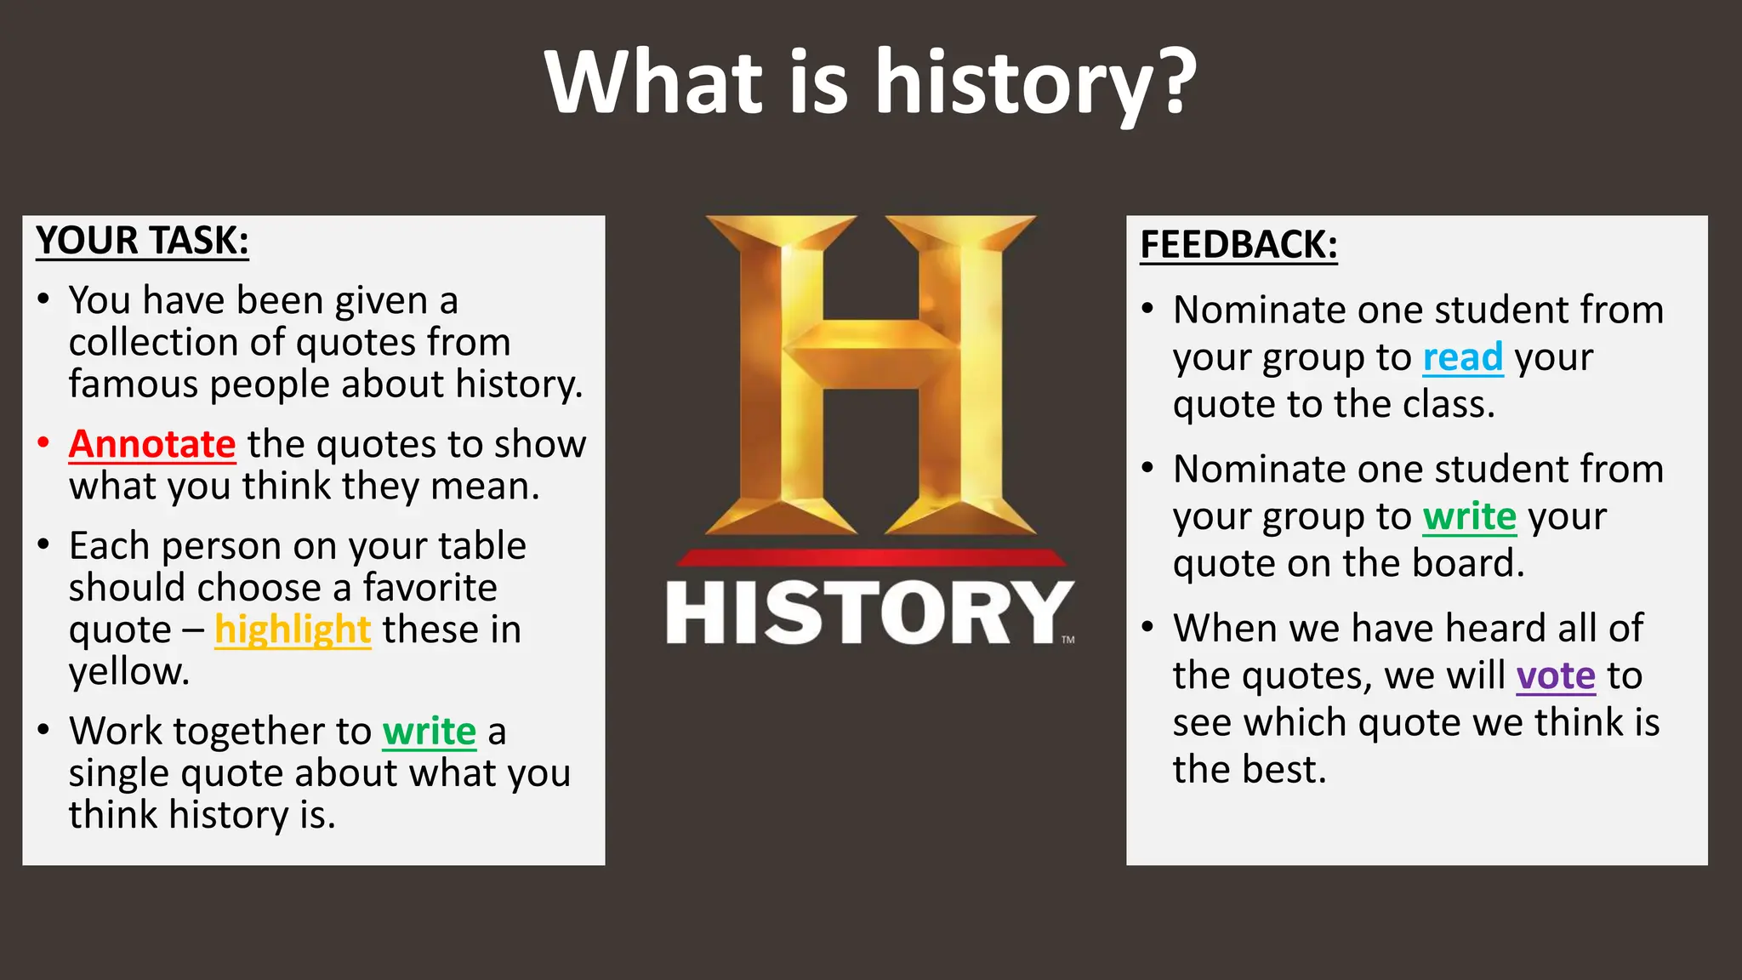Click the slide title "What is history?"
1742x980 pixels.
click(x=870, y=83)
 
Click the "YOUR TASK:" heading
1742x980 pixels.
click(x=142, y=241)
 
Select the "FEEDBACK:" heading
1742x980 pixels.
click(x=1238, y=245)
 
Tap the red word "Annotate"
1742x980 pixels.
click(x=152, y=444)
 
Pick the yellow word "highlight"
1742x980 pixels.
click(x=293, y=630)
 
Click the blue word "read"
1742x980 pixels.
click(x=1463, y=357)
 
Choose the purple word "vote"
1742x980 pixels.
click(x=1556, y=675)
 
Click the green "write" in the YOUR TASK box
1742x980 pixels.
click(x=429, y=731)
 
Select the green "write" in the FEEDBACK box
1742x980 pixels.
click(x=1469, y=516)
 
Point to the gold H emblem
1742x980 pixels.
click(x=870, y=374)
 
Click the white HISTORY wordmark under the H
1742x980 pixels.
click(x=868, y=613)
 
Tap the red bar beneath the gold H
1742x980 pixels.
click(x=870, y=558)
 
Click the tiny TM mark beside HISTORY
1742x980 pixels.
click(x=1068, y=640)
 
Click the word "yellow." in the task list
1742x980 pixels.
click(x=129, y=672)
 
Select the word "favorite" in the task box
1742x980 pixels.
click(x=430, y=588)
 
